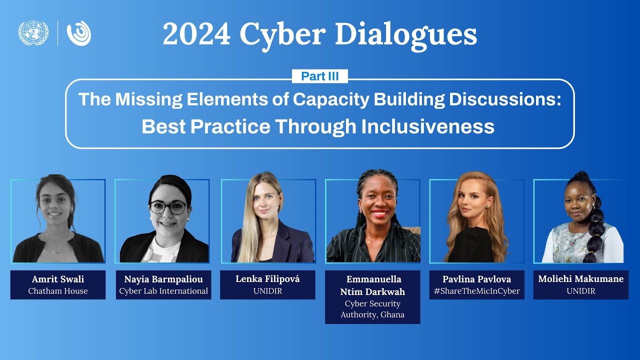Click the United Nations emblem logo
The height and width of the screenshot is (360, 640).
coord(33,33)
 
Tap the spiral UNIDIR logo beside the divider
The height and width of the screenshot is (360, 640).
coord(79,33)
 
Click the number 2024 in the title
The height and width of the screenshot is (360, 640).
coord(196,34)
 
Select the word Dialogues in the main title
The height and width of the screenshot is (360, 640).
coord(405,34)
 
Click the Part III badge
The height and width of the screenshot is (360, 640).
coord(319,76)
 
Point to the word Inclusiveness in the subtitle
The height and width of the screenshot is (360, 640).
coord(427,126)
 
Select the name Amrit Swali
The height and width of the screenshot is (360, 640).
coord(57,279)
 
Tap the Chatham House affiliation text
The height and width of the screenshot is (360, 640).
coord(57,291)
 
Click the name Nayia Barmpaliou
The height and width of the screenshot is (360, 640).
coord(163,279)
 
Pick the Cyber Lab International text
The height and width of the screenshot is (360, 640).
coord(163,291)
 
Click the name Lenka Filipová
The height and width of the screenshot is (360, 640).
coord(267,279)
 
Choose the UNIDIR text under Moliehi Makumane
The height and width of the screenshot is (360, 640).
coord(580,291)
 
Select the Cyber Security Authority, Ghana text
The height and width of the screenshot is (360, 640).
coord(372,309)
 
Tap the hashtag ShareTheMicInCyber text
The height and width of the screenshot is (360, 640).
coord(476,291)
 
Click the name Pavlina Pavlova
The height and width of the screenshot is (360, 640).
coord(476,279)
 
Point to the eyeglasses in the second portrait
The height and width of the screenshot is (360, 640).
coord(168,207)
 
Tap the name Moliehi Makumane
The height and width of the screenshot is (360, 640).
coord(580,279)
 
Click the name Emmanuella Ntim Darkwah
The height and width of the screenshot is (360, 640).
coord(372,285)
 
